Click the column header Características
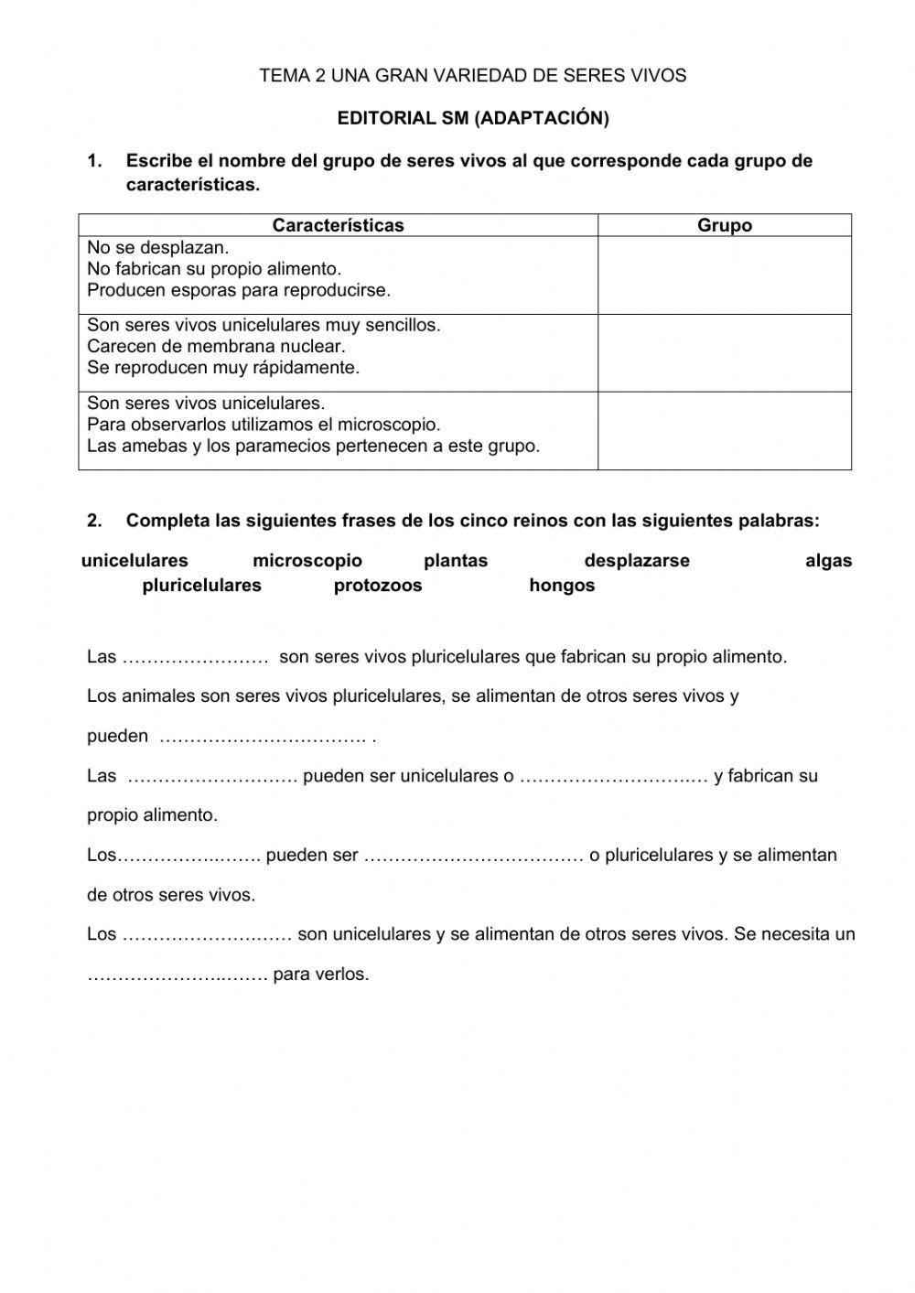pos(338,225)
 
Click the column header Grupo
pos(725,225)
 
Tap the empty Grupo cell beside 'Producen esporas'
pos(725,275)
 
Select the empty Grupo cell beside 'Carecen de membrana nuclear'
pos(725,353)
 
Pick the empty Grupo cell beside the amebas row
pos(725,431)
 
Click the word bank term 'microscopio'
pos(307,561)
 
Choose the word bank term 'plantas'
pos(456,561)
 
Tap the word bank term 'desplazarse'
pos(637,561)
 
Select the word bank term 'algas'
pos(828,561)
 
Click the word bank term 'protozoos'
pos(378,586)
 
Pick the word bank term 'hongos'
pos(562,586)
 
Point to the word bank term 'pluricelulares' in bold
pos(201,586)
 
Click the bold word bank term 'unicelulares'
pos(135,561)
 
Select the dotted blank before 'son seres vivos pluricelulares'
pos(195,657)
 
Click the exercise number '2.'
pos(94,521)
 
